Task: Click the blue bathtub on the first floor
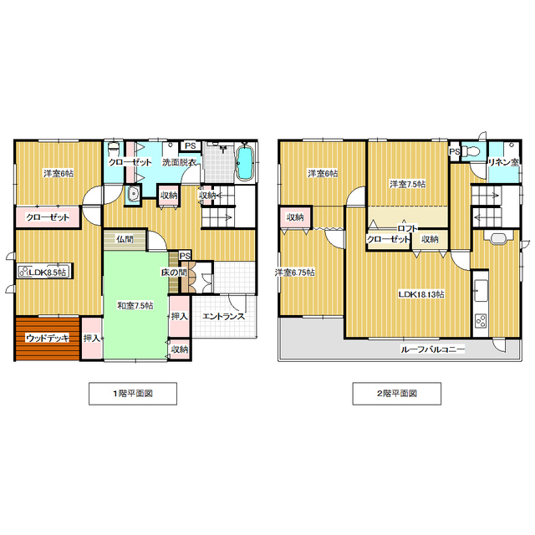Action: point(244,162)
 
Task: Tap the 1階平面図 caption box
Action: point(133,394)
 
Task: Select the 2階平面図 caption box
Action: point(396,394)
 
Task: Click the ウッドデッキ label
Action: point(48,338)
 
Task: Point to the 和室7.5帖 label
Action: point(135,305)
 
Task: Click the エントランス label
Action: point(223,316)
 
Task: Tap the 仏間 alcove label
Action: point(125,239)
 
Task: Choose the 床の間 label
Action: point(174,273)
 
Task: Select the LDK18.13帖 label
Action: point(421,294)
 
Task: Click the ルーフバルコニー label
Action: point(432,349)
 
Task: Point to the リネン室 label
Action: point(503,162)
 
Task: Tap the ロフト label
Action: point(407,228)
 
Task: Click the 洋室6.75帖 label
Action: point(295,273)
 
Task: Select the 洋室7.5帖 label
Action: point(407,184)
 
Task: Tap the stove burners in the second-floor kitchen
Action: point(481,321)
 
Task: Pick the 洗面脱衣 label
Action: point(179,162)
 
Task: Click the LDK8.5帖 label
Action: point(47,273)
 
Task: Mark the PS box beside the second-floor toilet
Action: point(454,151)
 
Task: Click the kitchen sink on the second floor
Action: point(481,290)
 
